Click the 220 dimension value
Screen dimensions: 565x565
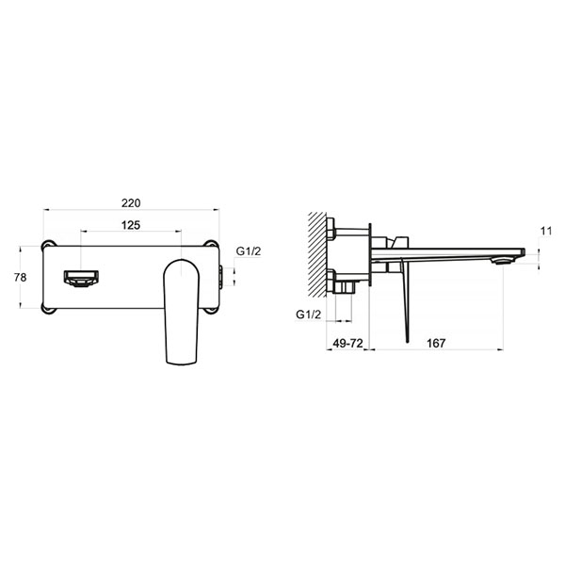click(x=131, y=203)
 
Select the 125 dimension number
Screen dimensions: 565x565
click(x=131, y=225)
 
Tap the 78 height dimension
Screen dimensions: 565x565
click(x=20, y=278)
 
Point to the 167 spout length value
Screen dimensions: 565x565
click(x=436, y=343)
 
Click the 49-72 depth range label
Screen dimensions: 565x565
click(x=347, y=343)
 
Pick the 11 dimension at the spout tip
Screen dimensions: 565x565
click(x=546, y=231)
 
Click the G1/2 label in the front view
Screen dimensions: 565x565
click(x=249, y=251)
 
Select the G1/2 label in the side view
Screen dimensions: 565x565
click(x=308, y=315)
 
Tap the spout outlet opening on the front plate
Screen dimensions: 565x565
click(x=81, y=279)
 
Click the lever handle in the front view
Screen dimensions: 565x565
click(x=182, y=312)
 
